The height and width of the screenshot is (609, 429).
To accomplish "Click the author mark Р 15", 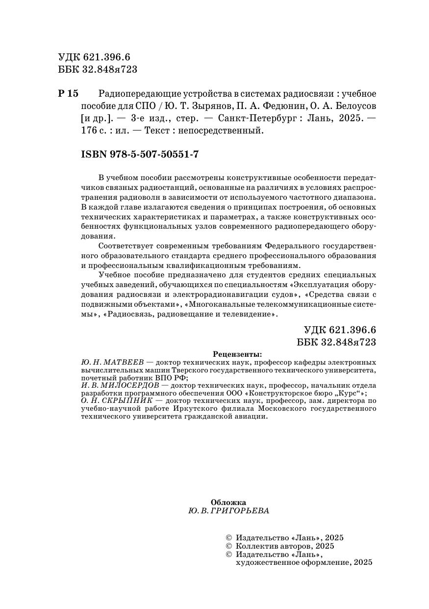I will (68, 93).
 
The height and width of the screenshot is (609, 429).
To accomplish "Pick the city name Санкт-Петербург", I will (253, 118).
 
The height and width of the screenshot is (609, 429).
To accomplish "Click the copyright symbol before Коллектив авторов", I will (227, 546).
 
